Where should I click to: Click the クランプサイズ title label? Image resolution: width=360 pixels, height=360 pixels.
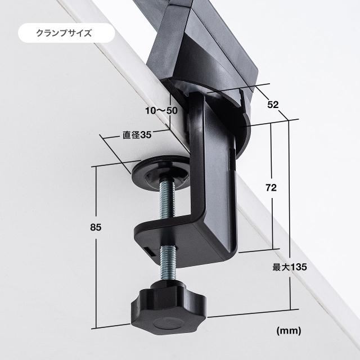64,33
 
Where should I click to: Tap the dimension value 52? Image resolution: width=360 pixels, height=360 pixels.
273,105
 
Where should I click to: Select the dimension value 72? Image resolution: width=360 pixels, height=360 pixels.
271,188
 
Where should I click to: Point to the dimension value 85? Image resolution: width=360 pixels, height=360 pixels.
96,227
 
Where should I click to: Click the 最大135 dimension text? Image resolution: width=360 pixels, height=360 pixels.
290,267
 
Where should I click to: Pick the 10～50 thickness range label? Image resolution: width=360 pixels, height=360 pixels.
161,111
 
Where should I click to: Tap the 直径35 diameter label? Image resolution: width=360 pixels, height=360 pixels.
137,135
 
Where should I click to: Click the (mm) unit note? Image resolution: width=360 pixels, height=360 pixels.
289,331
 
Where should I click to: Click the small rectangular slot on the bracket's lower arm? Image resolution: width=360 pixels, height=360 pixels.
150,251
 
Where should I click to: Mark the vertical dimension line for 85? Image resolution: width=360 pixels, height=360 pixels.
96,247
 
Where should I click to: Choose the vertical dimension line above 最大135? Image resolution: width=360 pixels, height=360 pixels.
289,191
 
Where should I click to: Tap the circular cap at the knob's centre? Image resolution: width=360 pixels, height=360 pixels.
169,324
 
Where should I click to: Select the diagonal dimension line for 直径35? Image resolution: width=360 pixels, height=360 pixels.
115,154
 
